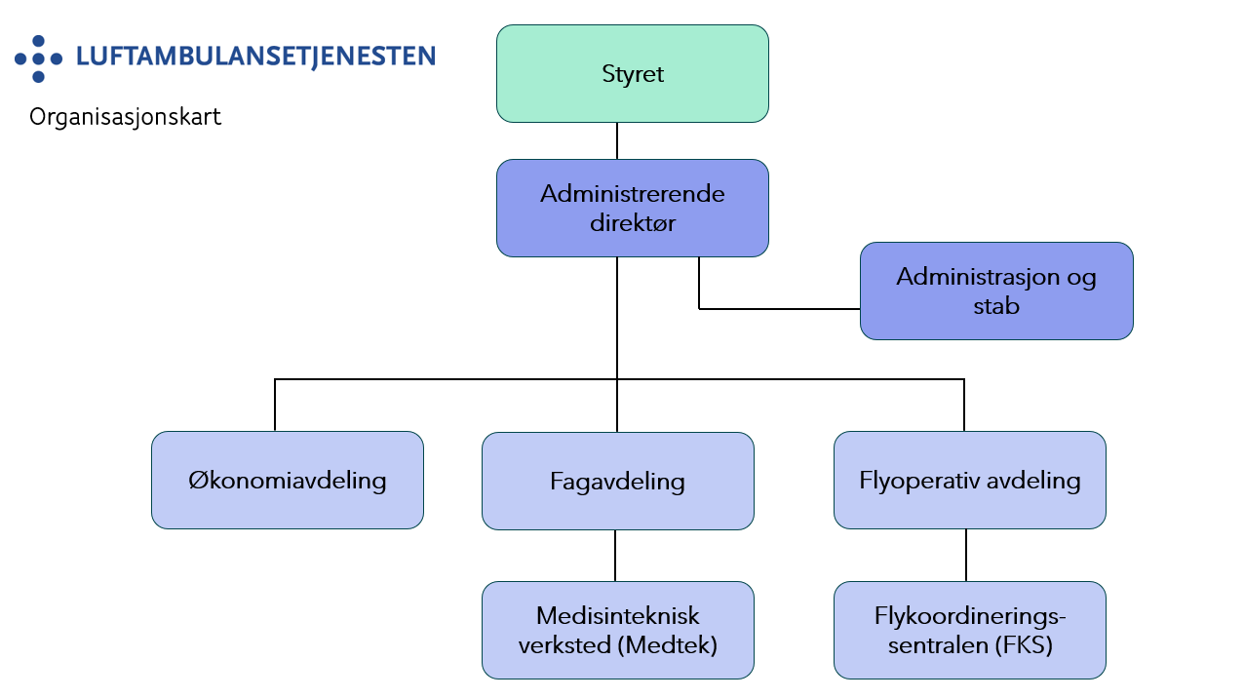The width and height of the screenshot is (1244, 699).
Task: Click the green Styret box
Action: point(632,74)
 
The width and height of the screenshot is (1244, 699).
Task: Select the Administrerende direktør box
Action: point(632,208)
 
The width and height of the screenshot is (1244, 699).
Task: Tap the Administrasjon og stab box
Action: point(995,291)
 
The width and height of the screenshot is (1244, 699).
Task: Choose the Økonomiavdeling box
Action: point(287,481)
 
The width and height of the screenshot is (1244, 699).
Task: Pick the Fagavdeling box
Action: point(617,481)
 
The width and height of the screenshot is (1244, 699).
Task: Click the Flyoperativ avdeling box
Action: point(969,481)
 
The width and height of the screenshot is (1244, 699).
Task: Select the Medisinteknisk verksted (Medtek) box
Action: point(617,630)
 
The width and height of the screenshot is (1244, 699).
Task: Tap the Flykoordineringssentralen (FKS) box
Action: point(969,630)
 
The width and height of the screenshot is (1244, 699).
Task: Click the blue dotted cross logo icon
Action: point(38,58)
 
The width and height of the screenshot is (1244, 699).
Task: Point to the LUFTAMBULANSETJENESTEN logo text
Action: point(255,57)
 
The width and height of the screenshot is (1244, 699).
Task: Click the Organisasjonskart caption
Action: point(126,118)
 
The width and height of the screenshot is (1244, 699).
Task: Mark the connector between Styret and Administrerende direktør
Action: point(617,140)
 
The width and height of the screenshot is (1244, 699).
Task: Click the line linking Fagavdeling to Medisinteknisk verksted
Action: point(615,555)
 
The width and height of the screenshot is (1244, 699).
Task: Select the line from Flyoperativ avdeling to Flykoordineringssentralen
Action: point(966,555)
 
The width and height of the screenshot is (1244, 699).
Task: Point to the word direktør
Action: point(632,223)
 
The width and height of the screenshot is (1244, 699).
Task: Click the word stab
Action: point(995,306)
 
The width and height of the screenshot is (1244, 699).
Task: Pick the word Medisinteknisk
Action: point(617,616)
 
